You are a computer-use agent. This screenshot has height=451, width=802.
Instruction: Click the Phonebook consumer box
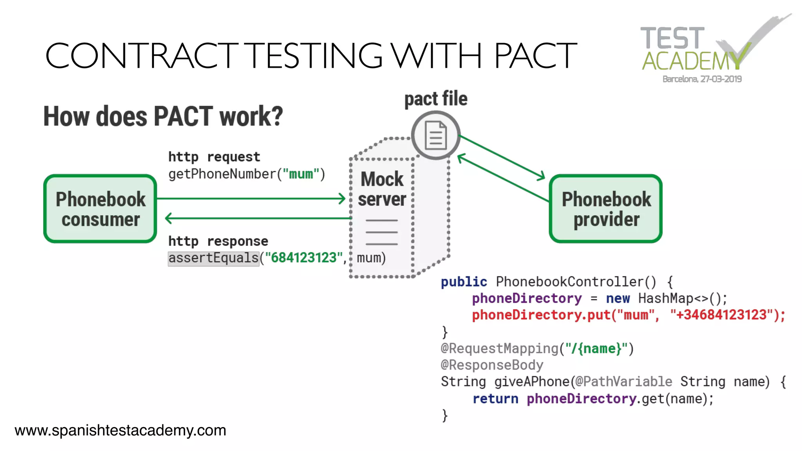coord(100,209)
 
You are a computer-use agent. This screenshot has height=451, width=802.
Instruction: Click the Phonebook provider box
coord(606,209)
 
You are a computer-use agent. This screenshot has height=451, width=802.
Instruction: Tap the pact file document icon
coord(435,135)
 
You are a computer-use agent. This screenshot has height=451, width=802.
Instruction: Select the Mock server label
coord(382,189)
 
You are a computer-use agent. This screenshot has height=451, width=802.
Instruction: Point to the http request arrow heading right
coord(251,198)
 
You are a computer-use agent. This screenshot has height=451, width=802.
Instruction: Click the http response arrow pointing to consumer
coord(258,218)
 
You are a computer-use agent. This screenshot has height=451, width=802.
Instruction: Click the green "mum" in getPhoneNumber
coord(301,174)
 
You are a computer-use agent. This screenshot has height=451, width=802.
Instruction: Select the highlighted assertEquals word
coord(213,258)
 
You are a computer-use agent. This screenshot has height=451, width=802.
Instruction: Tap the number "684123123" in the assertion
coord(304,258)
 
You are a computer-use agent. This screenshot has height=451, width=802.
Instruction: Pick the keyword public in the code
coord(464,281)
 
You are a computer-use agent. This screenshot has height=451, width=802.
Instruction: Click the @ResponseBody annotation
coord(492,365)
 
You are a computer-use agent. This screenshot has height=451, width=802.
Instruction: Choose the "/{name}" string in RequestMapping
coord(596,348)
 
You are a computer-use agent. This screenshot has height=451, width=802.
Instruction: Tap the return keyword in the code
coord(495,399)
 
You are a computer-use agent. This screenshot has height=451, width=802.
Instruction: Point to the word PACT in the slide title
coord(535,56)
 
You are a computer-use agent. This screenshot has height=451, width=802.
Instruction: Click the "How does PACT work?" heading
coord(163,116)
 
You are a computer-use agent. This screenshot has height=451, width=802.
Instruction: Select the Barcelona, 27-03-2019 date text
coord(702,79)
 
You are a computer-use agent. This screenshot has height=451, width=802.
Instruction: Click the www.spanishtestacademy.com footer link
coord(120,430)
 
